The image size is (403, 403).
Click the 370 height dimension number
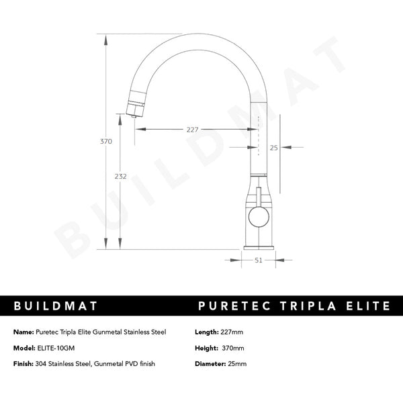coord(105,142)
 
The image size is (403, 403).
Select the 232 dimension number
coord(120,176)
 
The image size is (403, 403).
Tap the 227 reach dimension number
coord(193,130)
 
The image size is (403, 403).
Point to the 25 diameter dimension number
coord(273,147)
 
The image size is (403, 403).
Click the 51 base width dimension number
coord(258,261)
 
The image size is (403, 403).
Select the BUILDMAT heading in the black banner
coord(56,306)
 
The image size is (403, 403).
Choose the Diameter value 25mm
coord(237,363)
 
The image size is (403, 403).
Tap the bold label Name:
coord(23,332)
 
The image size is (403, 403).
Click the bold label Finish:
coord(24,363)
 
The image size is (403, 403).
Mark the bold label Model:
coord(24,348)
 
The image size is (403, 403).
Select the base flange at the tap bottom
coord(257,247)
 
